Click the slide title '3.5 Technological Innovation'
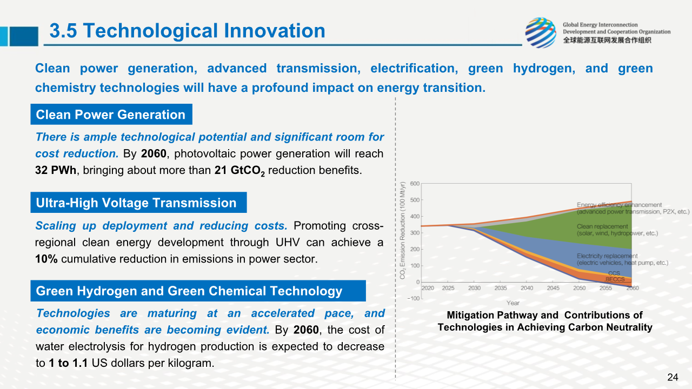(x=187, y=31)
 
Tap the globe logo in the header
(x=540, y=32)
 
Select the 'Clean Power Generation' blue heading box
(x=111, y=115)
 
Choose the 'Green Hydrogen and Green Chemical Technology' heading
(x=189, y=291)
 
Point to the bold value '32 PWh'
(x=56, y=170)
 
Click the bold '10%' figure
(x=46, y=259)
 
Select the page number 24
(x=673, y=377)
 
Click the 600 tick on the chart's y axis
(x=415, y=184)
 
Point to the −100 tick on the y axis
(x=413, y=299)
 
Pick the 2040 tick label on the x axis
(x=527, y=289)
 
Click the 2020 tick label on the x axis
(x=428, y=289)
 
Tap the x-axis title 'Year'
(x=513, y=303)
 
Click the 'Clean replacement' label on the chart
(x=602, y=227)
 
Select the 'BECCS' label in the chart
(x=615, y=279)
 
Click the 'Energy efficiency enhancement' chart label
(x=619, y=205)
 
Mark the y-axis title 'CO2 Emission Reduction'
(x=403, y=231)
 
